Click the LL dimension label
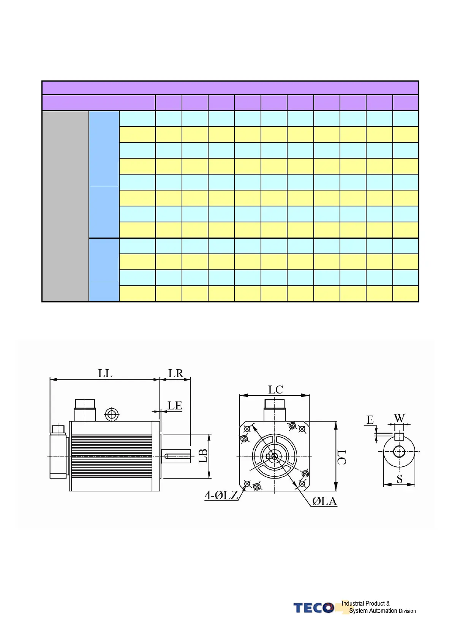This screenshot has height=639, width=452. pos(105,373)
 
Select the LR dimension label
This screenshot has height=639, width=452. pos(175,373)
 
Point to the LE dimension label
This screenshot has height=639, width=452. pos(175,405)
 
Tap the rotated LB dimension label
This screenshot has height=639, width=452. pos(203,456)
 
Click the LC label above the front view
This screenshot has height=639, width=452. pos(275,389)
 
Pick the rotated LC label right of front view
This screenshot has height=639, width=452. pos(341,457)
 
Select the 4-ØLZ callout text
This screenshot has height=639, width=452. pos(221,496)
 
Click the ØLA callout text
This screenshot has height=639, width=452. pos(325,501)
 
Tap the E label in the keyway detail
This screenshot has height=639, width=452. pos(370,420)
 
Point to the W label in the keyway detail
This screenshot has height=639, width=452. pos(400,418)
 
